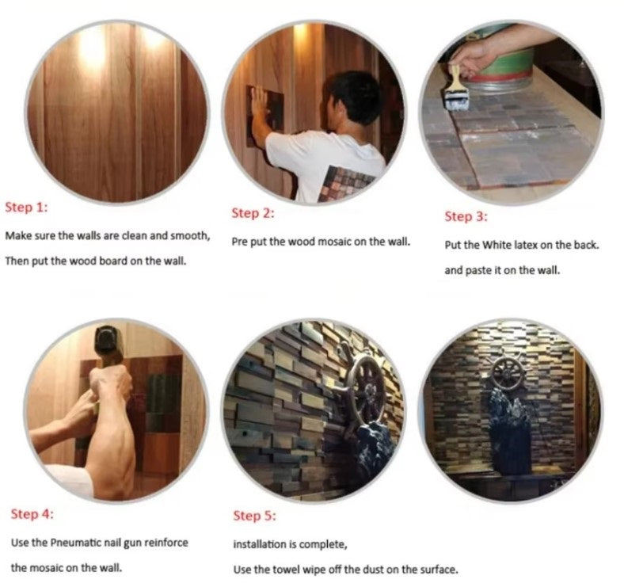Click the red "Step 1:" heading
pos(26,208)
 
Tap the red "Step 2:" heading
pos(253,213)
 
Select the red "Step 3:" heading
pos(466,216)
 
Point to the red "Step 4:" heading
pos(32,514)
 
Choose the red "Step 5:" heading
pos(254,516)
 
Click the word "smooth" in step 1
pos(189,236)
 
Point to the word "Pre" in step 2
pos(240,242)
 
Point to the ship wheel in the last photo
pos(507,374)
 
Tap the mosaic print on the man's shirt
pos(345,184)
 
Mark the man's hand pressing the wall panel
pos(260,103)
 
